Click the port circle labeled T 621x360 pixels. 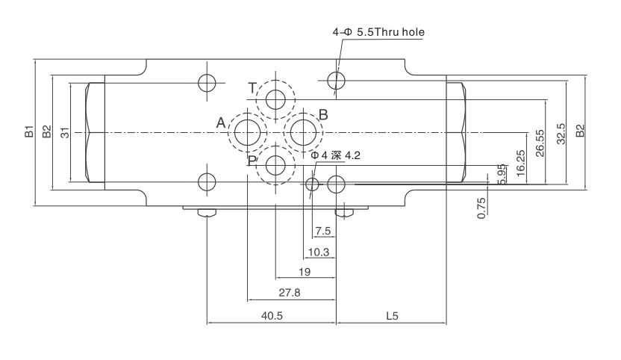point(275,99)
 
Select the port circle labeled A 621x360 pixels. point(247,132)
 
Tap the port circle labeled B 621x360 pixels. point(303,132)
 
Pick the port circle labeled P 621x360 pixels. point(275,165)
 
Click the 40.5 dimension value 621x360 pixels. point(272,316)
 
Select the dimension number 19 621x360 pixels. point(304,272)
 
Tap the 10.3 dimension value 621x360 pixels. point(319,252)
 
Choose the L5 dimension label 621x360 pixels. point(391,316)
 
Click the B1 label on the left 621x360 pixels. point(28,133)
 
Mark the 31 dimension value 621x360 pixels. point(65,133)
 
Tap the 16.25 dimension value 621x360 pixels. point(520,160)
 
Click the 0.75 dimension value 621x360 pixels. point(481,207)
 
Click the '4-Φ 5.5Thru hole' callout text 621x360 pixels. point(379,33)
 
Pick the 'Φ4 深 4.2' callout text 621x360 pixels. point(336,155)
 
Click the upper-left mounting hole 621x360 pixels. point(207,82)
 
